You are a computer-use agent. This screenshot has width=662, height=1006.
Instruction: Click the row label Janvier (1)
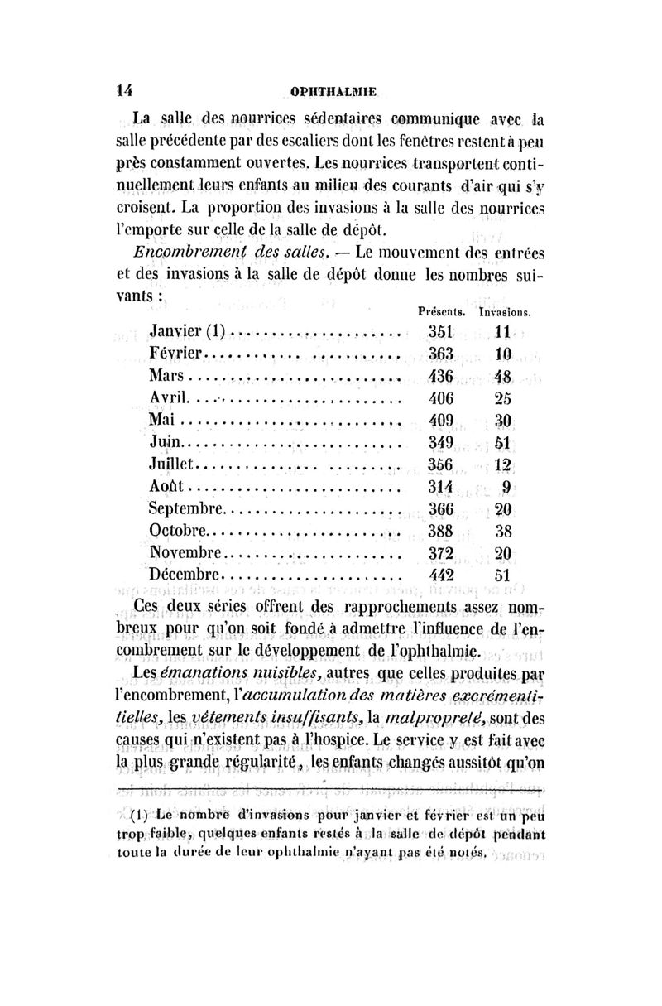(192, 332)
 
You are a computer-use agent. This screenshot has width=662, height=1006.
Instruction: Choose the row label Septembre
(187, 508)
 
